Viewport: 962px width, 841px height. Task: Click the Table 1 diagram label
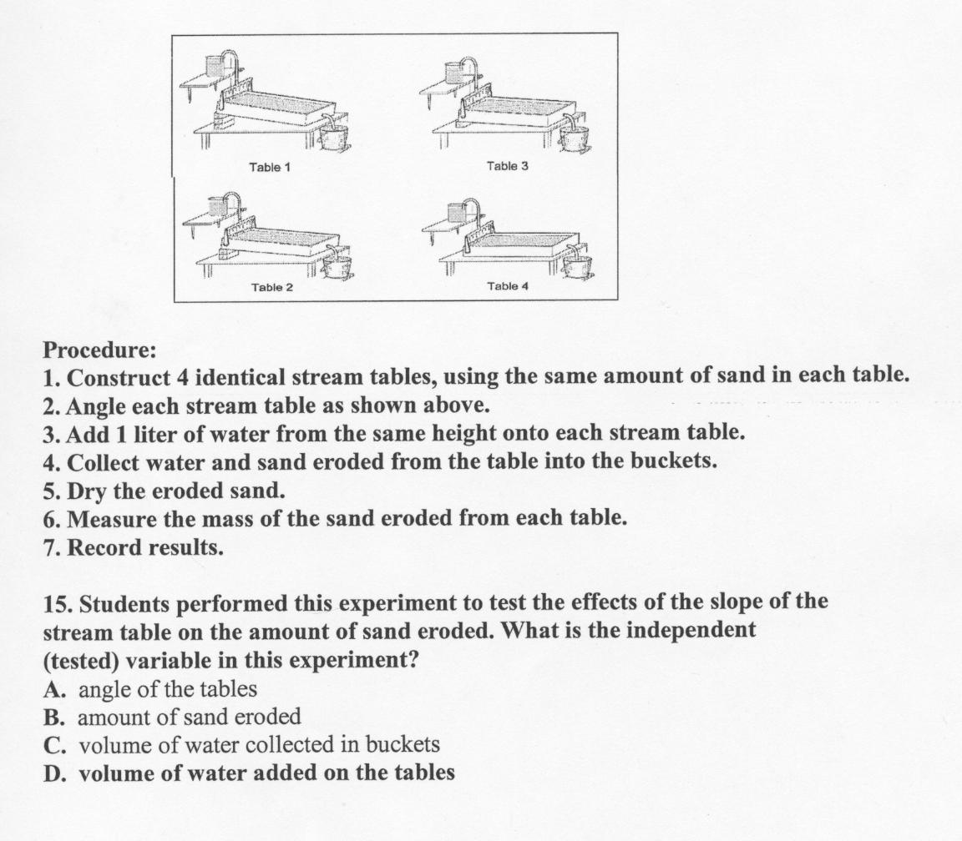[270, 167]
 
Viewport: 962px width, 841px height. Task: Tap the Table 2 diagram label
[272, 287]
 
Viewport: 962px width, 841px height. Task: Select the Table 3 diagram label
[507, 166]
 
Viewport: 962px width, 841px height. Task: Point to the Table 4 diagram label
[508, 286]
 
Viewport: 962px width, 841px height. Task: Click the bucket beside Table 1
[335, 136]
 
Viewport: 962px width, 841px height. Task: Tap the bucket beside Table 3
[574, 137]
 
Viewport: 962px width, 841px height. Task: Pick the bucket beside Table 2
[337, 268]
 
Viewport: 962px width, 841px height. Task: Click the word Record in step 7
[105, 547]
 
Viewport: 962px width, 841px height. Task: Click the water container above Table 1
[214, 63]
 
